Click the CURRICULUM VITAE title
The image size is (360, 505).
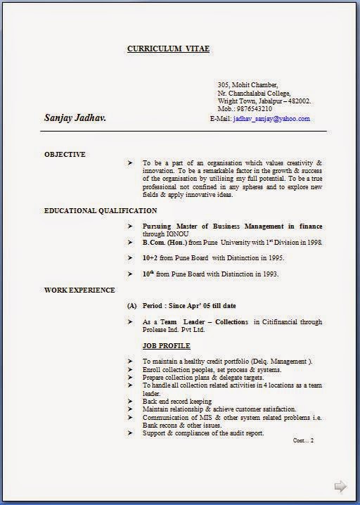tap(168, 49)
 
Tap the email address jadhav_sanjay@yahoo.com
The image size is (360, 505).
tap(271, 119)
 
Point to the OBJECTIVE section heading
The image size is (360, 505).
tap(65, 154)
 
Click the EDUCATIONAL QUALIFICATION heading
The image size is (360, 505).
tap(101, 210)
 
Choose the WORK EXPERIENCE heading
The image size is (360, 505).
tap(79, 289)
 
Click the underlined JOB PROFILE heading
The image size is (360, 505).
tap(167, 346)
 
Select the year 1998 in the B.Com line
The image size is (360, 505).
tap(314, 242)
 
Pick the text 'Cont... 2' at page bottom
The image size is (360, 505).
tap(303, 440)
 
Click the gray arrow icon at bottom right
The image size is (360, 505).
tap(340, 485)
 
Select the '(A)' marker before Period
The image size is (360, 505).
tap(131, 306)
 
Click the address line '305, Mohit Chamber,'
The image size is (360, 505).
tap(247, 84)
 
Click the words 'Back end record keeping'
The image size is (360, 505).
tap(176, 401)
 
